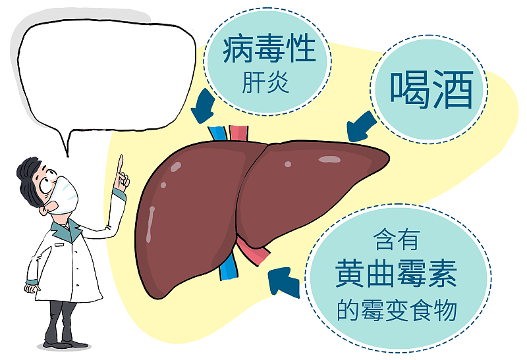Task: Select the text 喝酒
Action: click(431, 90)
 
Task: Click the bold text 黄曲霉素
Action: click(397, 276)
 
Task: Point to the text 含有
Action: click(396, 240)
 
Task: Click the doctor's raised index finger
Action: click(121, 163)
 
